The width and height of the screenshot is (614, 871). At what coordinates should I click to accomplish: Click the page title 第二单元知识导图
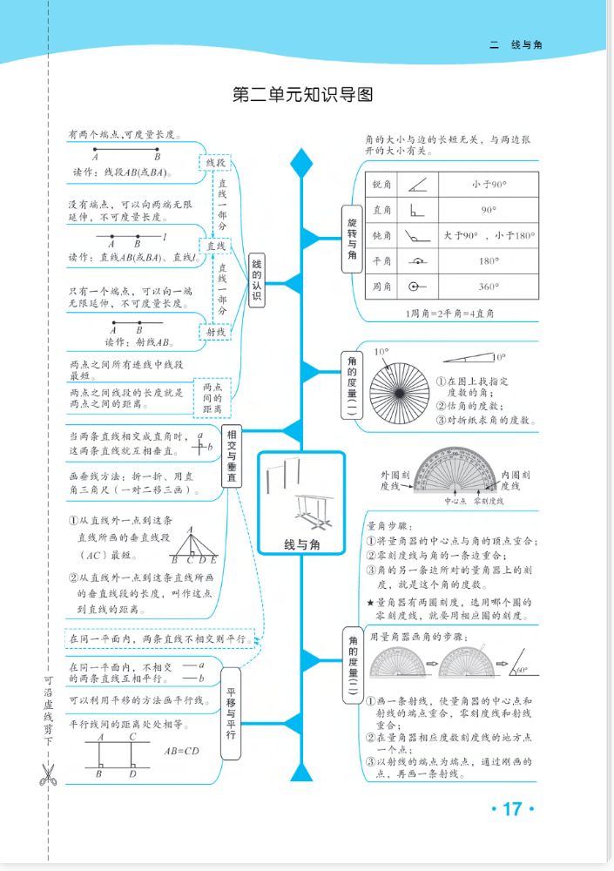pos(302,94)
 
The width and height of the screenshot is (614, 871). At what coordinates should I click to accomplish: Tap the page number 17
pos(511,809)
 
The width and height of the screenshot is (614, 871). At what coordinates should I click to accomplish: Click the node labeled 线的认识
pos(256,280)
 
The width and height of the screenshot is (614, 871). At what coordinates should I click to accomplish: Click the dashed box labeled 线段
pos(215,163)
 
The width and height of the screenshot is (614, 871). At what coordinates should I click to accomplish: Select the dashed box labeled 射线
pos(215,332)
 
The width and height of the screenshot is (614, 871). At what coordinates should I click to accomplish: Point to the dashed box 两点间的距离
pos(213,398)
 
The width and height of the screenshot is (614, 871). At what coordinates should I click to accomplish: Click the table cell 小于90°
pos(489,185)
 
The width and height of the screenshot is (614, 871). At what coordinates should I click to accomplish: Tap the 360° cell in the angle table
pos(489,287)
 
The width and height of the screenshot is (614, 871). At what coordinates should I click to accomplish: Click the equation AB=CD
pos(181,750)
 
